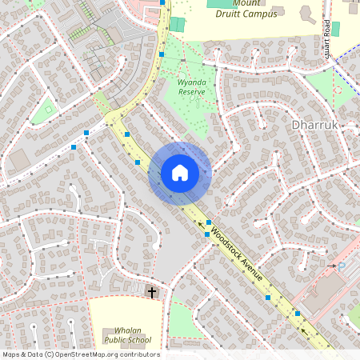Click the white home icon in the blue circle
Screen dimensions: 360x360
click(180, 173)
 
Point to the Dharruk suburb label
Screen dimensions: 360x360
click(318, 126)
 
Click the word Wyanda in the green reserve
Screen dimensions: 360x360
click(192, 82)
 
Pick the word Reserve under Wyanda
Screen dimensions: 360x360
click(192, 92)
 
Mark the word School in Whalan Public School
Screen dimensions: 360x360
click(138, 340)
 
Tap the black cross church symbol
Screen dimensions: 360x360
click(152, 293)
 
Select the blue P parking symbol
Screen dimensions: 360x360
click(342, 265)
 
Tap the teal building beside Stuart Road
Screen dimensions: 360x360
click(335, 28)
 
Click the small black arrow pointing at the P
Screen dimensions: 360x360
click(331, 265)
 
